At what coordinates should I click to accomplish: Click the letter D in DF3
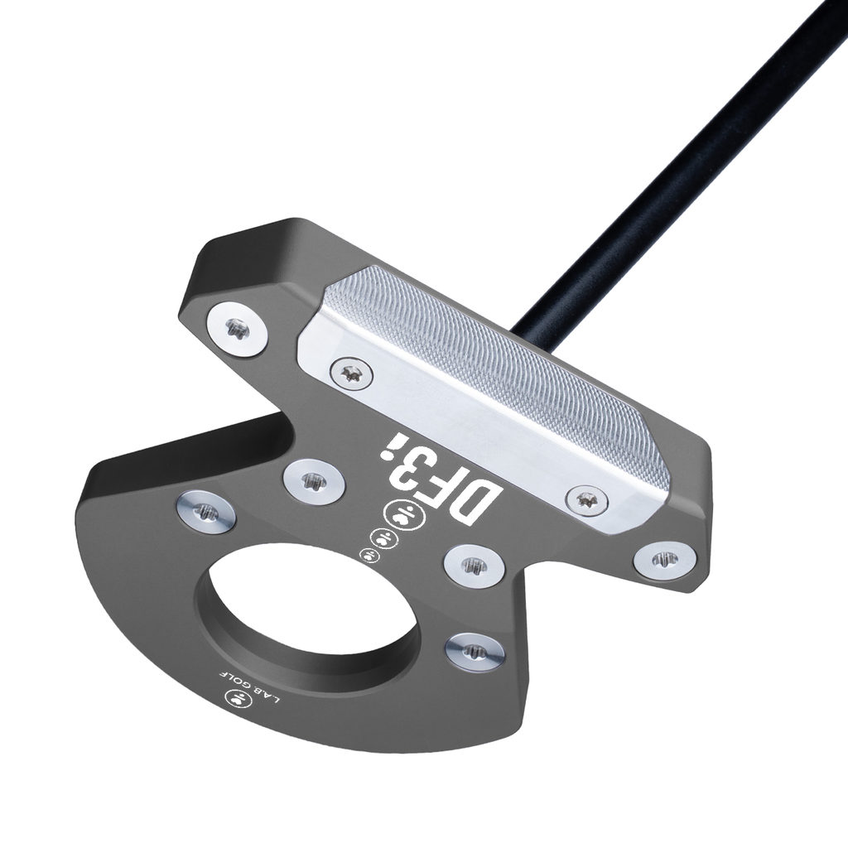click(476, 500)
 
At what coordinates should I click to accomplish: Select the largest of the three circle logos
click(404, 515)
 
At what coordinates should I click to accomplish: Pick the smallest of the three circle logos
click(369, 556)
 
